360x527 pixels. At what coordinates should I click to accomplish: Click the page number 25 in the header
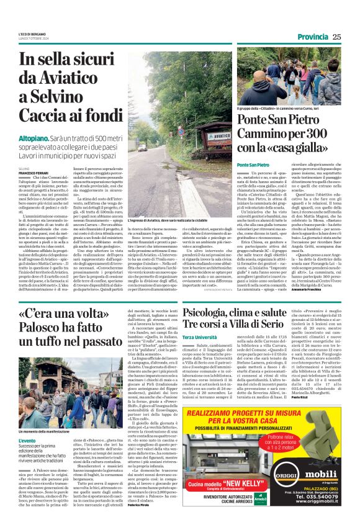[336, 37]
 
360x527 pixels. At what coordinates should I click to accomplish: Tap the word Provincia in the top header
[312, 37]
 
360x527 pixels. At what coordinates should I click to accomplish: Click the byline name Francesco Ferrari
[33, 171]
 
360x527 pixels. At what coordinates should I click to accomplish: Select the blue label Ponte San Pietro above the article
[253, 164]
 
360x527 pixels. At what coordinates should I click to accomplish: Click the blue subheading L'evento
[27, 441]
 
